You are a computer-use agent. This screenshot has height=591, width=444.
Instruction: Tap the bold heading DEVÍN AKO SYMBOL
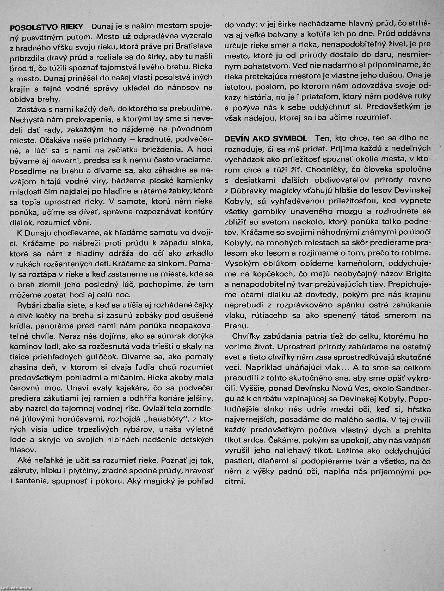(266, 139)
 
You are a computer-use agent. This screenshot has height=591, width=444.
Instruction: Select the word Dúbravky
(250, 190)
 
